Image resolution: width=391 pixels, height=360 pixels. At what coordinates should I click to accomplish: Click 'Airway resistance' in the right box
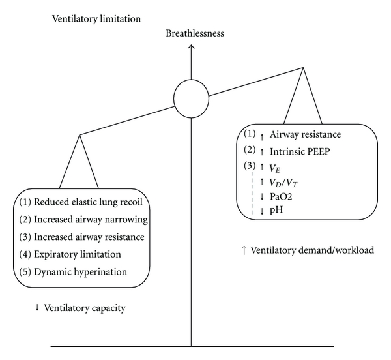click(305, 135)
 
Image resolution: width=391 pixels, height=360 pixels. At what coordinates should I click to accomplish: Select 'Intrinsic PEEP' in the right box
click(297, 151)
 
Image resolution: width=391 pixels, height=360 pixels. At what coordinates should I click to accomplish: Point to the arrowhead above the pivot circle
click(191, 47)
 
